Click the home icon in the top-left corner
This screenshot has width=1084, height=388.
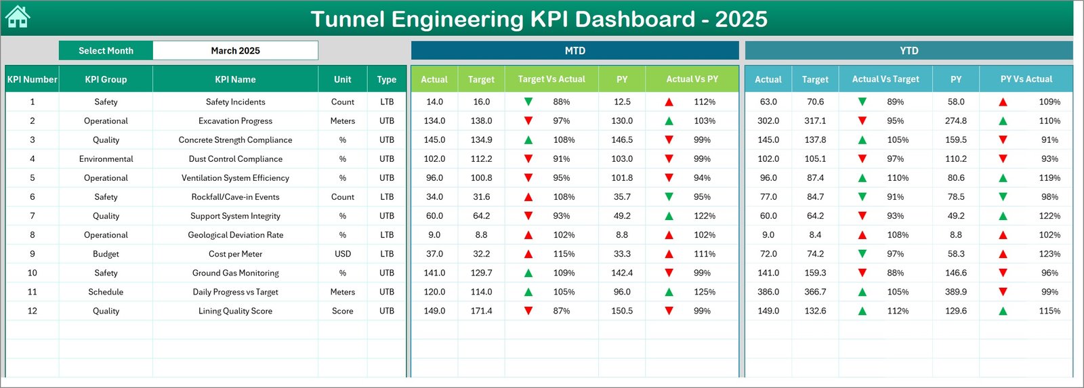18,17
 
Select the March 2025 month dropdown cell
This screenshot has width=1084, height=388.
235,51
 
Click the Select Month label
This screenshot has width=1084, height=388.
106,51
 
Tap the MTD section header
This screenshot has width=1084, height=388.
575,51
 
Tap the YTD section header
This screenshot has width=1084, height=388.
909,51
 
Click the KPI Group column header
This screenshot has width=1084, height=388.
106,79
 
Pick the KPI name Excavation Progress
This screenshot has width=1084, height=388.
235,121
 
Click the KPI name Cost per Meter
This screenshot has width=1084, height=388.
235,254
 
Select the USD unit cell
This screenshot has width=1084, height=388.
343,254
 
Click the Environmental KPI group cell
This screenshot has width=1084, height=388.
106,159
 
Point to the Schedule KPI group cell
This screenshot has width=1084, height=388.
106,292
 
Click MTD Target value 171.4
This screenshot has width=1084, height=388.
481,311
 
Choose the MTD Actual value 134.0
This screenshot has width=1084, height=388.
434,121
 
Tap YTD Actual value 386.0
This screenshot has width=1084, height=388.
768,292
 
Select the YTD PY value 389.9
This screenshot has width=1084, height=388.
956,292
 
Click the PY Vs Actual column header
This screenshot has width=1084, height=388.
1026,79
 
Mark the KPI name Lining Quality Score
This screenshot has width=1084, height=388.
235,311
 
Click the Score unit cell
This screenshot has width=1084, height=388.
343,311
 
